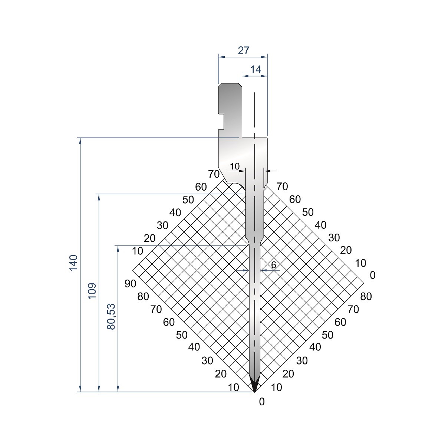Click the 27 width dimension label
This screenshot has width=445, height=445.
point(244,50)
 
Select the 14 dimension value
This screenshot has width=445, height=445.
point(256,69)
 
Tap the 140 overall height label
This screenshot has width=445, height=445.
point(73,263)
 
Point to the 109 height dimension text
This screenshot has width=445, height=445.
point(92,291)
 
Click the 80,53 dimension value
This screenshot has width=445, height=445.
point(111,317)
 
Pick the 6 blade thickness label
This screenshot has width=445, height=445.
point(274,265)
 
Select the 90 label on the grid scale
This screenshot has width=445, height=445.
point(131,284)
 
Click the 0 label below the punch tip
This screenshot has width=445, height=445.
point(262,402)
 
